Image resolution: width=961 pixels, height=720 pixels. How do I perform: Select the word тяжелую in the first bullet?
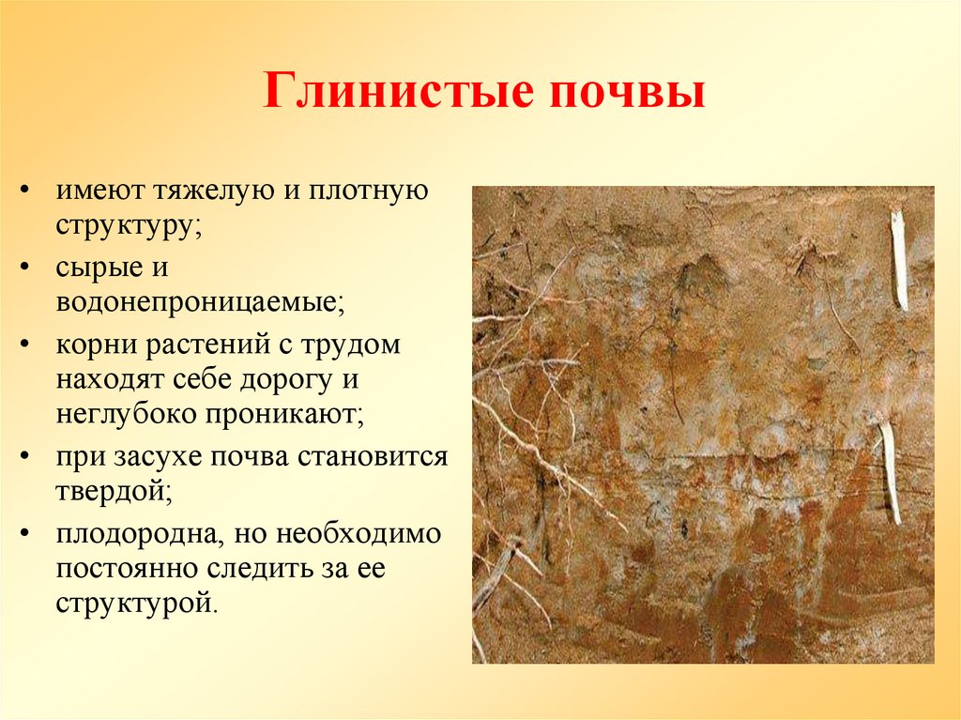click(209, 191)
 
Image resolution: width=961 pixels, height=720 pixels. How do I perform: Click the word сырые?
click(96, 268)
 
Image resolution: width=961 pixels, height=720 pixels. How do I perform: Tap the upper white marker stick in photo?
click(899, 259)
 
